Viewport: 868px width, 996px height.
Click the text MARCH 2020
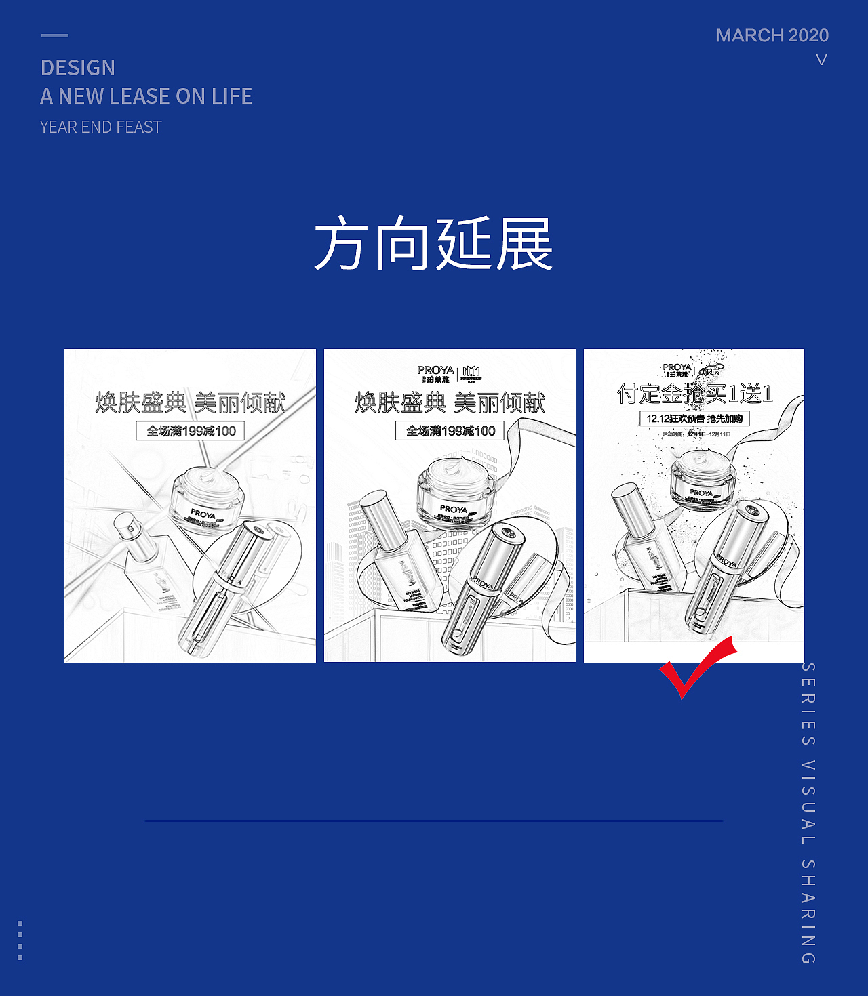772,35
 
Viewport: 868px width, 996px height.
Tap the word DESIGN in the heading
78,68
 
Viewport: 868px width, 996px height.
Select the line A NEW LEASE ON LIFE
146,96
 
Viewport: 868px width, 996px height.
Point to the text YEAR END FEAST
101,127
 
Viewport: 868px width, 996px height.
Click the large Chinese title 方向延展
433,245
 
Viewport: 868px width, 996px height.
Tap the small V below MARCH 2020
821,60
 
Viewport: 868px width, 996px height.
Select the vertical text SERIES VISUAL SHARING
808,812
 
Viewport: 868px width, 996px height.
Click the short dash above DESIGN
55,35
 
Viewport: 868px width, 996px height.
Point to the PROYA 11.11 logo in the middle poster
449,373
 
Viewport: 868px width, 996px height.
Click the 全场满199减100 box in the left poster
191,431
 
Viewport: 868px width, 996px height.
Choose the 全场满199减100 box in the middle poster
450,431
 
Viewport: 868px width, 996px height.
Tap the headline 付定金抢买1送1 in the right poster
694,394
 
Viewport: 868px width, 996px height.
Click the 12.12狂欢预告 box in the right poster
694,419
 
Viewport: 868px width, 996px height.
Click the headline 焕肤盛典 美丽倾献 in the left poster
191,402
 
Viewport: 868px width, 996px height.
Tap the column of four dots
20,940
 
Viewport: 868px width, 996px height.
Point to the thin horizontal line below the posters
434,821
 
